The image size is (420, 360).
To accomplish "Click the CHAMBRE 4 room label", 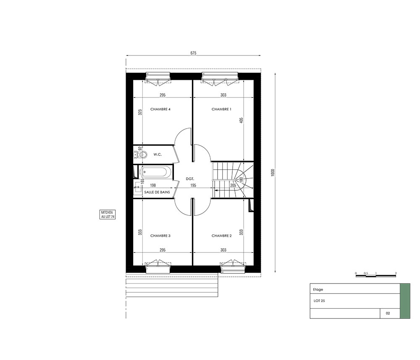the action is coord(160,109).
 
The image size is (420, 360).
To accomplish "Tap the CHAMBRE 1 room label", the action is coord(221,109).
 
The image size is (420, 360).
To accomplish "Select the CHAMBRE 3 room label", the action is coord(160,236).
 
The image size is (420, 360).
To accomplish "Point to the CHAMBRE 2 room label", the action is coord(221,236).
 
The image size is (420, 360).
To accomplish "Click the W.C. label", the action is coord(157,155).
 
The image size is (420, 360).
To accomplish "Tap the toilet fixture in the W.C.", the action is coord(141,155).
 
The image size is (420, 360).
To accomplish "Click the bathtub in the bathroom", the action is coord(156,172).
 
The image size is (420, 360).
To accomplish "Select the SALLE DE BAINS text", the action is coord(157,192).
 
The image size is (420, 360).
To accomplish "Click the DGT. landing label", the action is coord(190,179).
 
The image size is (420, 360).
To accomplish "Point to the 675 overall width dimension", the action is coord(193,53).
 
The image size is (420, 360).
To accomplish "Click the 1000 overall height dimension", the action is coord(273,173).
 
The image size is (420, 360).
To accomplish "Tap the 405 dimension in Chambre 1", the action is coord(241,120).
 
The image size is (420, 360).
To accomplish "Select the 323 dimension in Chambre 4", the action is coord(140,112).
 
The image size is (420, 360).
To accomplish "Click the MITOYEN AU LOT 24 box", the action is coord(108,215).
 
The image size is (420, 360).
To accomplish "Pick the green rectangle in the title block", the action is coord(405,301).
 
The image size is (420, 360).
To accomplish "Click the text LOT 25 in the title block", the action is coord(319,301).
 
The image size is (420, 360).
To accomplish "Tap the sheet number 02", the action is coord(388,313).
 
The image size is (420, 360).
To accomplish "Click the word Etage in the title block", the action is coord(318,289).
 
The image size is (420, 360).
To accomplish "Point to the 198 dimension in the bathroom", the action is coord(153,185).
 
